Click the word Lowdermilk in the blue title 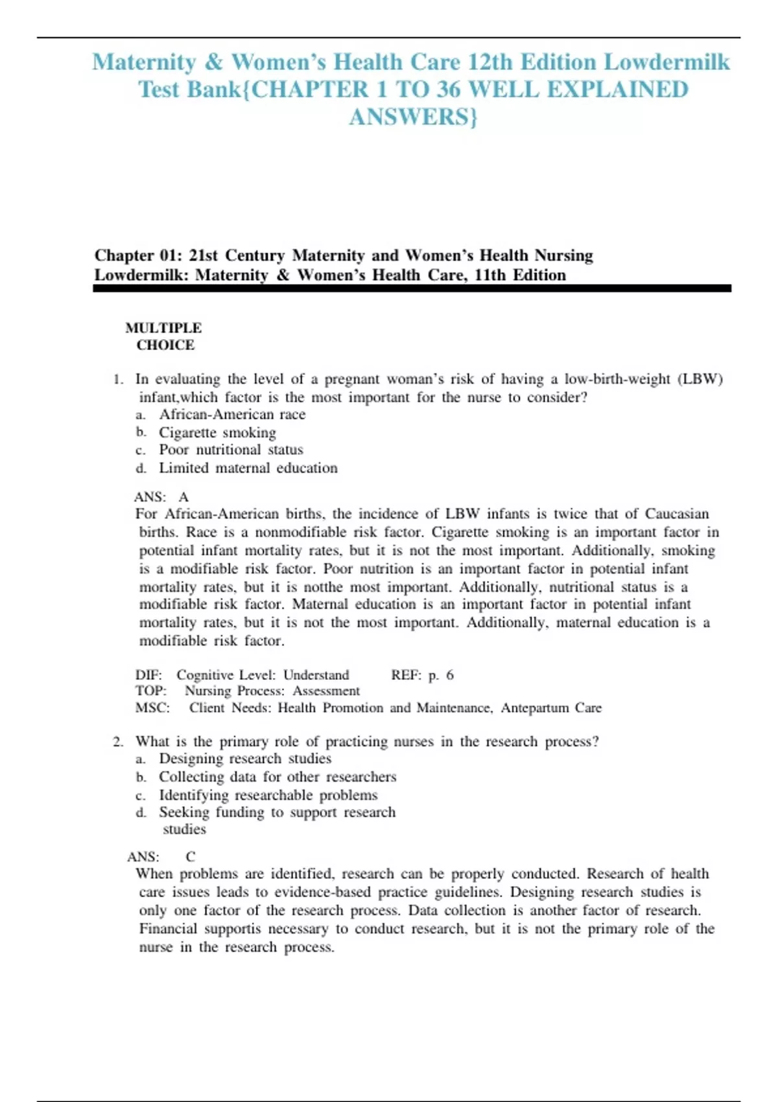point(666,62)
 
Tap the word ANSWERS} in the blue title point(413,117)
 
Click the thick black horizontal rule point(412,288)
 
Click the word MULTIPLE point(163,328)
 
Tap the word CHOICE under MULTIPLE point(165,345)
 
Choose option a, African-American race point(232,414)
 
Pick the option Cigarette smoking point(217,432)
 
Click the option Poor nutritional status point(231,450)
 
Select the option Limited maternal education point(248,468)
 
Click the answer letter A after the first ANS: point(183,497)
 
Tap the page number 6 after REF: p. point(450,675)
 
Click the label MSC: point(152,708)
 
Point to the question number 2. point(117,742)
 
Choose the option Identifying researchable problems point(268,795)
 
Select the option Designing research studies point(245,758)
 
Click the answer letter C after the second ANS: point(190,856)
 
